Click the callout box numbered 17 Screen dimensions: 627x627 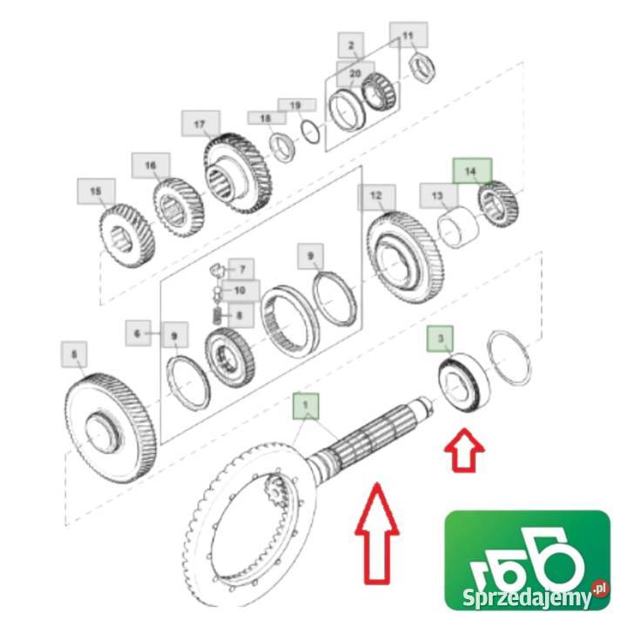click(x=200, y=124)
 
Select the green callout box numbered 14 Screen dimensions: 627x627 click(x=472, y=172)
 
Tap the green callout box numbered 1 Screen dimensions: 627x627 click(x=306, y=406)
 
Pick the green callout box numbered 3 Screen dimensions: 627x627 click(x=441, y=339)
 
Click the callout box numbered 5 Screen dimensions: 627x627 click(x=74, y=354)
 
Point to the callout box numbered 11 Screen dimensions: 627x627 click(x=408, y=35)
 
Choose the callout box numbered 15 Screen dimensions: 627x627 click(x=96, y=192)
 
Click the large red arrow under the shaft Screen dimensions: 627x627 click(x=377, y=533)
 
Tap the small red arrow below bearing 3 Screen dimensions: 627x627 click(x=465, y=450)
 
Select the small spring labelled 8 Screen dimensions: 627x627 click(x=217, y=315)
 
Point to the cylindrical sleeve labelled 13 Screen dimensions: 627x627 click(x=458, y=227)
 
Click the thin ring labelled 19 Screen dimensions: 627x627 click(x=310, y=132)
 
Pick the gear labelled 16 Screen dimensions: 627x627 click(x=179, y=208)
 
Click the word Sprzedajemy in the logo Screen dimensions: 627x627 click(x=527, y=597)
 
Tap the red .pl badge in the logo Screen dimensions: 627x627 click(x=600, y=589)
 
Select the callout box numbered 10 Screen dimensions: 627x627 click(x=240, y=291)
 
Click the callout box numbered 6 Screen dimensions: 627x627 click(x=138, y=333)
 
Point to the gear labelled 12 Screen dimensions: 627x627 click(x=405, y=257)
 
